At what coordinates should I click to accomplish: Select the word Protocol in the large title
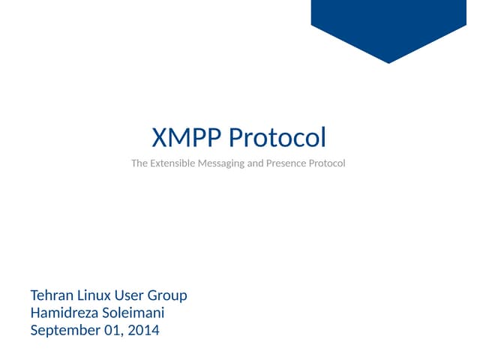277,139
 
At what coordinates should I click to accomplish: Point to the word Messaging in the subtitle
223,163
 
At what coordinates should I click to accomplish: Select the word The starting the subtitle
139,163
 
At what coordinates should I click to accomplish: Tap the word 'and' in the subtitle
256,163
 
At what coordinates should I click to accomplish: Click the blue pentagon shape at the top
388,22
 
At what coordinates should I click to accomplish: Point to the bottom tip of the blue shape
388,62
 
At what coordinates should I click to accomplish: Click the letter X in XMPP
160,139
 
